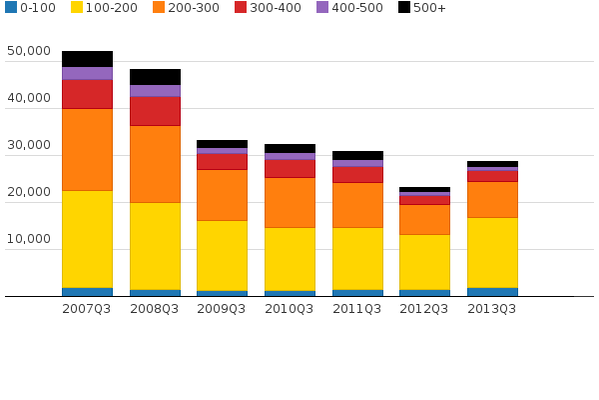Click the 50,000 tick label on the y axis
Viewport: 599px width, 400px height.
coord(28,52)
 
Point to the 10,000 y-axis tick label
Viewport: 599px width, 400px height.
coord(28,240)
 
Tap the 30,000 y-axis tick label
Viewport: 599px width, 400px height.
coord(28,146)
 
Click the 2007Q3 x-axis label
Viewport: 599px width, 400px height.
coord(87,309)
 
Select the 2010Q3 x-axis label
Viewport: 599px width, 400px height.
coord(290,309)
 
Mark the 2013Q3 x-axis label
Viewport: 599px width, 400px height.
coord(492,309)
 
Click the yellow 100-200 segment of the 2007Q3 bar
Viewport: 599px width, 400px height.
coord(87,239)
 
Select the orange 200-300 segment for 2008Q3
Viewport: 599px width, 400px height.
coord(155,164)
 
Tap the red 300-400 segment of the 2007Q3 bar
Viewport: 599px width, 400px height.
coord(87,94)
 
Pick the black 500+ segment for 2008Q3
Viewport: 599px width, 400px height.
coord(155,77)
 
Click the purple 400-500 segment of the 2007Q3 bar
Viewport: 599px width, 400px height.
coord(87,73)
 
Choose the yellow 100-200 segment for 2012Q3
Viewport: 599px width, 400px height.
coord(424,262)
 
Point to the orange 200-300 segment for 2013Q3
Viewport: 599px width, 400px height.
coord(492,199)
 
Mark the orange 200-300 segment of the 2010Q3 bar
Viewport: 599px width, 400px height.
coord(290,202)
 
